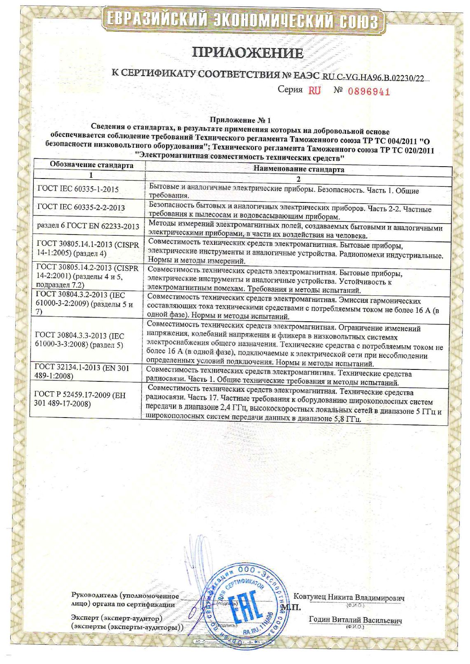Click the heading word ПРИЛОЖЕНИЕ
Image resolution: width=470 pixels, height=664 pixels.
click(x=247, y=53)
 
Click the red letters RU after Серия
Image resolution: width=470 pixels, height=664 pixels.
click(x=314, y=91)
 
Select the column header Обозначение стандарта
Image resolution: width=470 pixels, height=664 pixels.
click(x=91, y=165)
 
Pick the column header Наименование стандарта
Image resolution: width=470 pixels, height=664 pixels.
click(x=298, y=169)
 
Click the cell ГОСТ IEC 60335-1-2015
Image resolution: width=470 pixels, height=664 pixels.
click(x=78, y=189)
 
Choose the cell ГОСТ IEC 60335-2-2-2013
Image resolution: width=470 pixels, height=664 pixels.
click(x=81, y=207)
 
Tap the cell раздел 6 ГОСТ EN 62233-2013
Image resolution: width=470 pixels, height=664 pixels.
click(x=88, y=226)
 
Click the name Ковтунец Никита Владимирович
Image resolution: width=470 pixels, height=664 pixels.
click(x=348, y=597)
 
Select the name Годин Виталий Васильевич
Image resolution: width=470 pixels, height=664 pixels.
click(x=355, y=620)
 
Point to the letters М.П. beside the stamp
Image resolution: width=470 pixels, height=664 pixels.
click(x=291, y=607)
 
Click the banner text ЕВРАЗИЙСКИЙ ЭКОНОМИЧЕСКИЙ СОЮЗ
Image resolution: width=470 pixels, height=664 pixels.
click(x=243, y=19)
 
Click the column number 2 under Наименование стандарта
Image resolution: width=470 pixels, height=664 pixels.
click(x=298, y=179)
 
